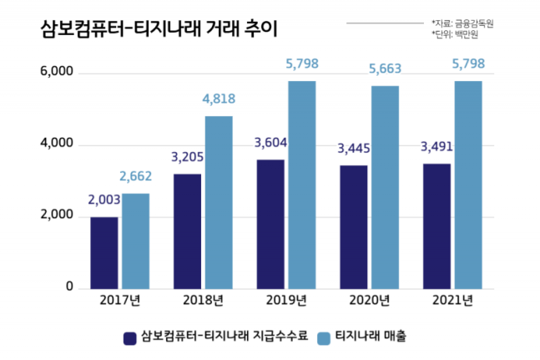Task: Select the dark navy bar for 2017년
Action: click(x=104, y=252)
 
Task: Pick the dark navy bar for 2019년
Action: click(x=270, y=224)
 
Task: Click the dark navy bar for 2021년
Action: click(x=437, y=226)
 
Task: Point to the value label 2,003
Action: click(x=105, y=199)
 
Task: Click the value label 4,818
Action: click(x=220, y=99)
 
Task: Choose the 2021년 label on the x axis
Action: click(x=452, y=301)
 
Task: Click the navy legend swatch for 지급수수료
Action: click(x=130, y=337)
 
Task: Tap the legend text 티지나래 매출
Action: click(x=375, y=337)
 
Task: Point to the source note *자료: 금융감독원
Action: click(x=462, y=22)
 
